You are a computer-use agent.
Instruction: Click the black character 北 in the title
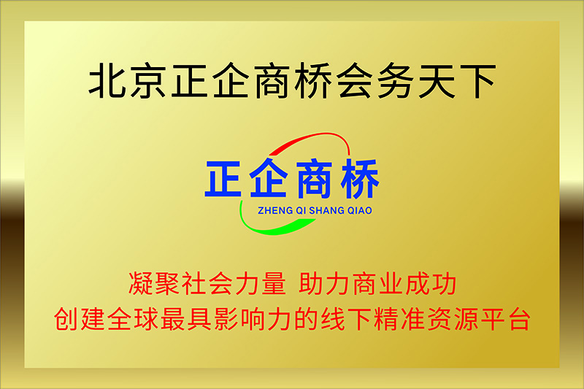pyautogui.click(x=107, y=81)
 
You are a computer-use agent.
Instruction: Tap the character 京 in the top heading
pyautogui.click(x=148, y=81)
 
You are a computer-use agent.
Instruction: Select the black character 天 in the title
pyautogui.click(x=437, y=81)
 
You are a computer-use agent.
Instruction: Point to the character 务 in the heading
pyautogui.click(x=396, y=81)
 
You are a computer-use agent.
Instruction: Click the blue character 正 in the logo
pyautogui.click(x=223, y=179)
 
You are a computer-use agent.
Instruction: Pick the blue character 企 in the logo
pyautogui.click(x=269, y=178)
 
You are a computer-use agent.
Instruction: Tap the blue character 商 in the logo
pyautogui.click(x=314, y=178)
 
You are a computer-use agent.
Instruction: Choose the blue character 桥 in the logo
pyautogui.click(x=360, y=178)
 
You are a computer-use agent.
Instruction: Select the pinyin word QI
pyautogui.click(x=301, y=211)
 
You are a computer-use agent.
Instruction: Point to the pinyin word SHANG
pyautogui.click(x=326, y=211)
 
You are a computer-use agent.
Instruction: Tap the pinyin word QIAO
pyautogui.click(x=360, y=211)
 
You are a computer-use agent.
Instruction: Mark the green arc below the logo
pyautogui.click(x=261, y=229)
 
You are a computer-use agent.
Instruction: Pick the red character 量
pyautogui.click(x=274, y=284)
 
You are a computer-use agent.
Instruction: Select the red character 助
pyautogui.click(x=312, y=284)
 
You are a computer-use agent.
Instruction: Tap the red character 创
pyautogui.click(x=66, y=319)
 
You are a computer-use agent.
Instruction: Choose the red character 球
pyautogui.click(x=147, y=319)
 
